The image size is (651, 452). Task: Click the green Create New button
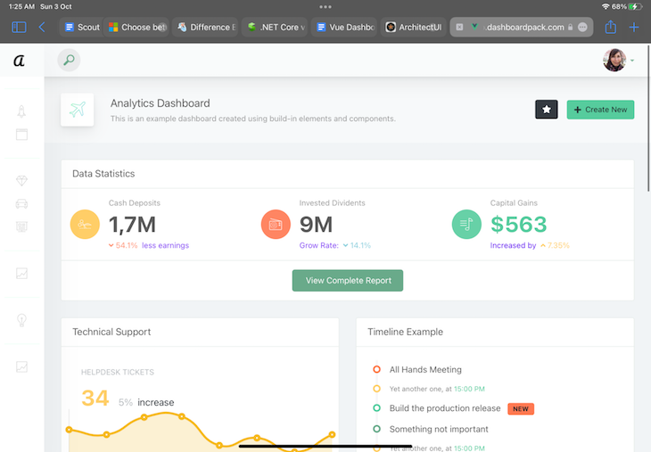pos(600,110)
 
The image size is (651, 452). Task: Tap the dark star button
pos(547,110)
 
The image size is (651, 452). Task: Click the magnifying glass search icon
pos(69,60)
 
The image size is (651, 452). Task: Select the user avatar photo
pos(614,60)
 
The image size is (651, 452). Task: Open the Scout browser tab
pos(81,27)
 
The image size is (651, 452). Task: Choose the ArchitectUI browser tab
pos(414,27)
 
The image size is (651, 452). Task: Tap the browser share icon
pos(611,27)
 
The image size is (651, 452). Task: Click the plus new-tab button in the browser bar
pos(634,27)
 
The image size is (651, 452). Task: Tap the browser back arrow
pos(42,27)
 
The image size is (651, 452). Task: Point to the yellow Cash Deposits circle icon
pos(85,225)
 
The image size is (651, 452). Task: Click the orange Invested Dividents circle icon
pos(276,225)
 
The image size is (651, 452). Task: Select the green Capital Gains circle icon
pos(466,225)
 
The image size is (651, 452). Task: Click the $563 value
pos(518,225)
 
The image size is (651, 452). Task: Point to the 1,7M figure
pos(132,225)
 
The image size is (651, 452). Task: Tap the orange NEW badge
pos(521,408)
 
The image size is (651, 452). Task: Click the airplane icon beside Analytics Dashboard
pos(78,110)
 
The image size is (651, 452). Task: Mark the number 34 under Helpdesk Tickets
pos(95,398)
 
